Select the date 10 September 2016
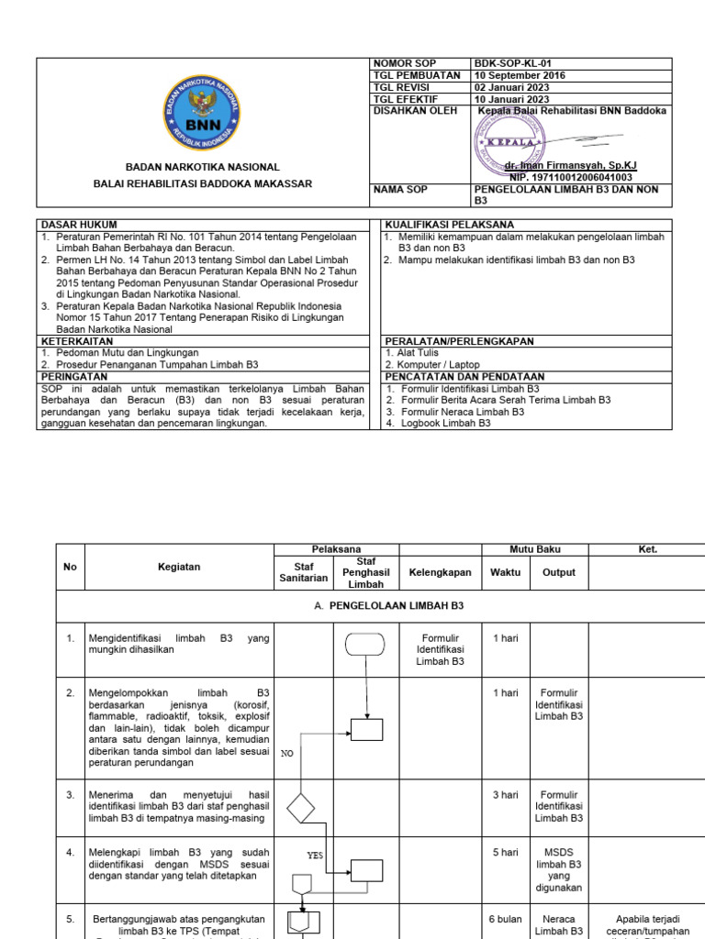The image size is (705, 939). point(520,75)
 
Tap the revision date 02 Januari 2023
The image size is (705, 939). point(513,87)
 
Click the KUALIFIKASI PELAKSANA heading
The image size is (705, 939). point(450,225)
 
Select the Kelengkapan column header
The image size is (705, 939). point(441,572)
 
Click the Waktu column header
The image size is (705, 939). point(505,572)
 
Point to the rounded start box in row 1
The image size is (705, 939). point(366,644)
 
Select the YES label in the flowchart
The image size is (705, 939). point(315,855)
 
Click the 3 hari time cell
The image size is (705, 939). point(505,795)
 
